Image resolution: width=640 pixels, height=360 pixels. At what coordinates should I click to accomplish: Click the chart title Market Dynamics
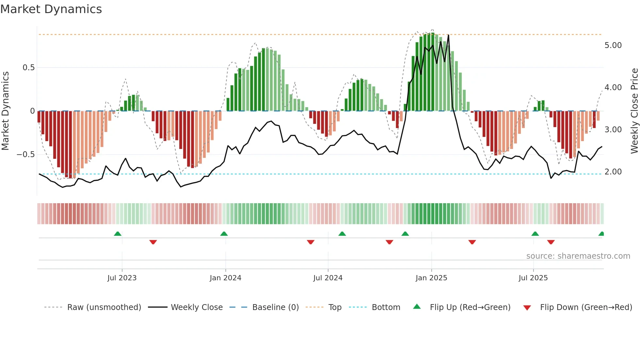tap(51, 9)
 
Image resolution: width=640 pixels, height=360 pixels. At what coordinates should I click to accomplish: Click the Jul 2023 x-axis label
tap(122, 278)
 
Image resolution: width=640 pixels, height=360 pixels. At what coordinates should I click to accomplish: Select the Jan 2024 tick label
tap(225, 278)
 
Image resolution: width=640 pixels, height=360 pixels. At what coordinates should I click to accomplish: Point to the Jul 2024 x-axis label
tap(328, 278)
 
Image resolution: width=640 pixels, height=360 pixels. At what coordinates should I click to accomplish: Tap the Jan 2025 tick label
tap(431, 278)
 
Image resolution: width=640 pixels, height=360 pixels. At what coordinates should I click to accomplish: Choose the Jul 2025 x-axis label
tap(533, 278)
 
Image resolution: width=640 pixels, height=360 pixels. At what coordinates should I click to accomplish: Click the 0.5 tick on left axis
tap(28, 68)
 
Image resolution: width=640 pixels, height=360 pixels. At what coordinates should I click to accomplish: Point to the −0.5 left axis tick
tap(26, 155)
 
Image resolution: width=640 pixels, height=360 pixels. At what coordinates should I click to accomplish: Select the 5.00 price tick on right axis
tap(613, 45)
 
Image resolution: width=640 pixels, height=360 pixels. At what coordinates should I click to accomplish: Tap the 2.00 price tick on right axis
tap(613, 172)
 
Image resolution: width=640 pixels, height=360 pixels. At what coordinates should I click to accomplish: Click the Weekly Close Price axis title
tap(634, 111)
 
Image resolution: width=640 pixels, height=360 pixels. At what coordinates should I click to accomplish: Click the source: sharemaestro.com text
tap(578, 256)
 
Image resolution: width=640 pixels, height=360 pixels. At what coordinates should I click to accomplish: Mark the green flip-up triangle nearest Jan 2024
tap(224, 234)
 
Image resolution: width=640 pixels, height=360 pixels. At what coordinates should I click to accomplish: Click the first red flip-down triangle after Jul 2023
tap(153, 242)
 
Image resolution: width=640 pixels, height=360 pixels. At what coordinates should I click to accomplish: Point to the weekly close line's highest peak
tap(448, 35)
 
